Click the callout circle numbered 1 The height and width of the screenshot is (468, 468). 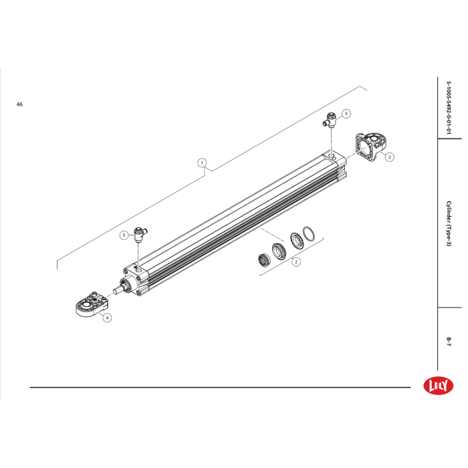202,163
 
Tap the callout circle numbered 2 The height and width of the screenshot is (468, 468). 296,262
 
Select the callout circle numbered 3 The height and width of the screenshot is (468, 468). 389,157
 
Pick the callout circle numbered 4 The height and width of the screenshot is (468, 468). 107,318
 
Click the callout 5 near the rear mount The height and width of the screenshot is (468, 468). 346,114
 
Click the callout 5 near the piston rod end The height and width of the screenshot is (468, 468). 124,235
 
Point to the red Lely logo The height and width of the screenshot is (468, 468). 438,385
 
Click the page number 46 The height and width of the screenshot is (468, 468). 19,104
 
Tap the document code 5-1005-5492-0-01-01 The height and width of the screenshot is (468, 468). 449,108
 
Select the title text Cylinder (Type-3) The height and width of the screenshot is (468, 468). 449,223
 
